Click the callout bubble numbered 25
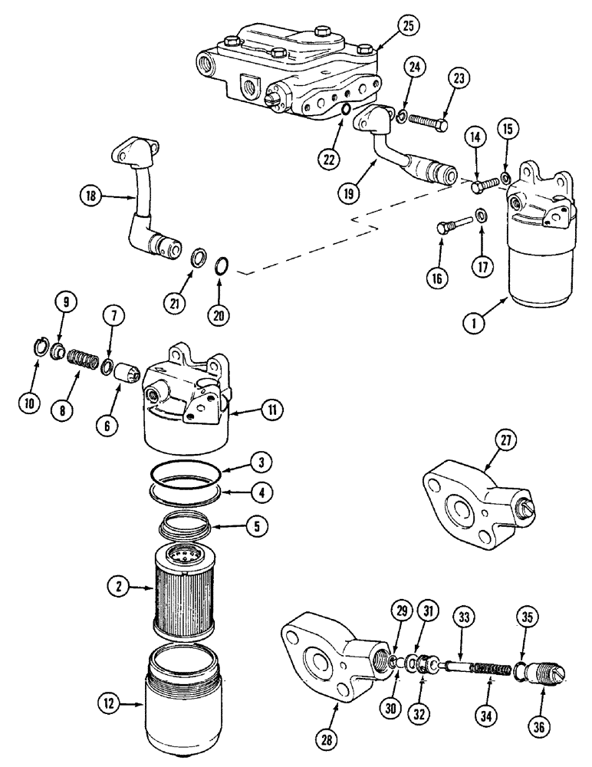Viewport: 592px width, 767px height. [x=407, y=25]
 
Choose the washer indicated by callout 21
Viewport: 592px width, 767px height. [x=197, y=256]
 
